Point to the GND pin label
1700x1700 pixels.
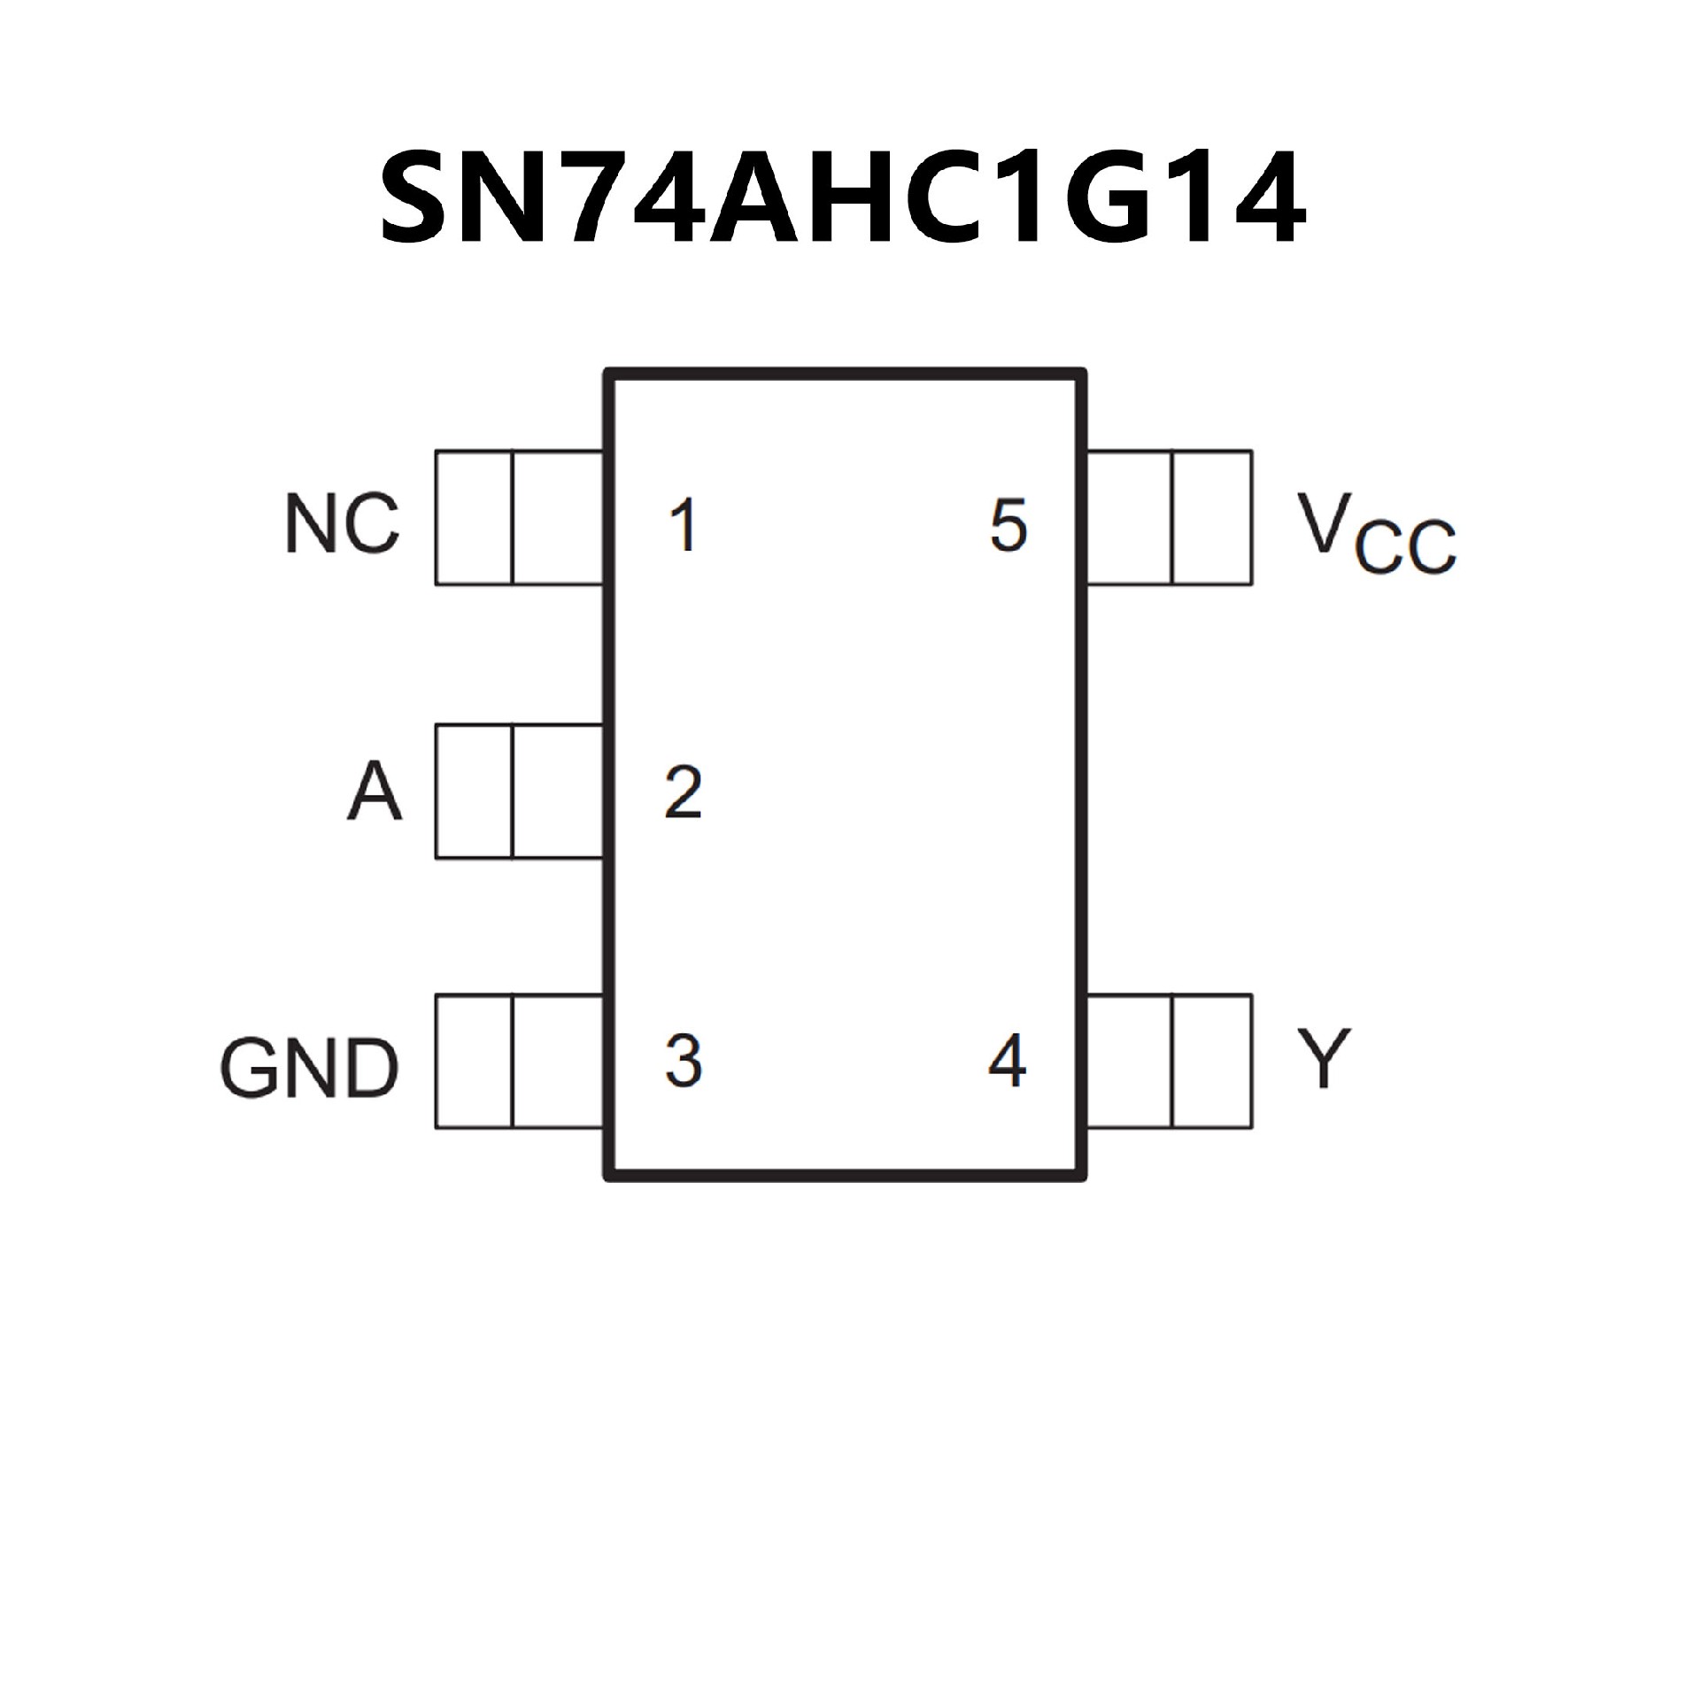click(309, 1068)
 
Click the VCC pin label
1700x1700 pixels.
click(1375, 533)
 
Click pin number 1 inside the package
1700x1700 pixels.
click(683, 525)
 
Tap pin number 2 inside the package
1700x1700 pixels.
click(683, 792)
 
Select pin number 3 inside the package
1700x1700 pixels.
click(683, 1060)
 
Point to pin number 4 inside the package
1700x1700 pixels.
click(1007, 1060)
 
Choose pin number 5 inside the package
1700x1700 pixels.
click(1008, 525)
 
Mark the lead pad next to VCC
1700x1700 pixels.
click(1169, 518)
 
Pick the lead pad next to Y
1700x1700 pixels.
click(1169, 1062)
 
